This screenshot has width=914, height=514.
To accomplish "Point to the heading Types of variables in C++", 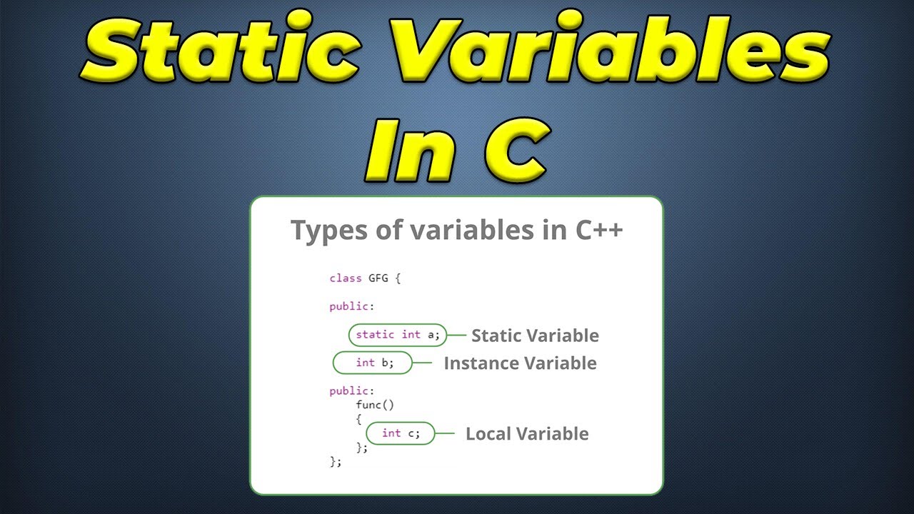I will (x=457, y=231).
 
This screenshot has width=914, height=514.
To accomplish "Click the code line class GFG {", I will (x=365, y=278).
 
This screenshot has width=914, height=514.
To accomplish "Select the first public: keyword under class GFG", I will (x=351, y=306).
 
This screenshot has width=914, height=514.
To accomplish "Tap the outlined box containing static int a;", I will (x=398, y=335).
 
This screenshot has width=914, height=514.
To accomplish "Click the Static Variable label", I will (x=535, y=336).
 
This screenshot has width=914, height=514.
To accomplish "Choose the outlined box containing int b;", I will (x=373, y=363).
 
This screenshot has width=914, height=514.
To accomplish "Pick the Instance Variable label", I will (x=520, y=363).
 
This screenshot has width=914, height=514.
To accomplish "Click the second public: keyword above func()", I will (x=351, y=391).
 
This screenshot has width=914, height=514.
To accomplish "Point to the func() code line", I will (x=375, y=405).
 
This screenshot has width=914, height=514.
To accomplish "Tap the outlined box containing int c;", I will (x=400, y=433).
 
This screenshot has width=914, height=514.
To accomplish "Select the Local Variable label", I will (x=527, y=434).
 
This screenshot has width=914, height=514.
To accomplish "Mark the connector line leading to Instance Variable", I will (x=423, y=363).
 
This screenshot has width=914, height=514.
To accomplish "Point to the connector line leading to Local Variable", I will (x=445, y=433).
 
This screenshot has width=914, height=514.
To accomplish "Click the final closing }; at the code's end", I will (x=336, y=462).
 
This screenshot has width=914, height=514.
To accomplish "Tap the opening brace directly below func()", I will (x=358, y=419).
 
